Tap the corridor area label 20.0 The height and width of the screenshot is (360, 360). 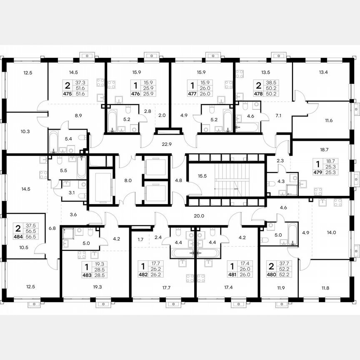pos(200,216)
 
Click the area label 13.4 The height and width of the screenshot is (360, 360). pos(323,72)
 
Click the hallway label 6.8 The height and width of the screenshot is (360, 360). pos(52,228)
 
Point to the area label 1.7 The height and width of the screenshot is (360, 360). pos(140,240)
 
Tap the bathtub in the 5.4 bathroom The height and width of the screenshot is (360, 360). pos(54,142)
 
